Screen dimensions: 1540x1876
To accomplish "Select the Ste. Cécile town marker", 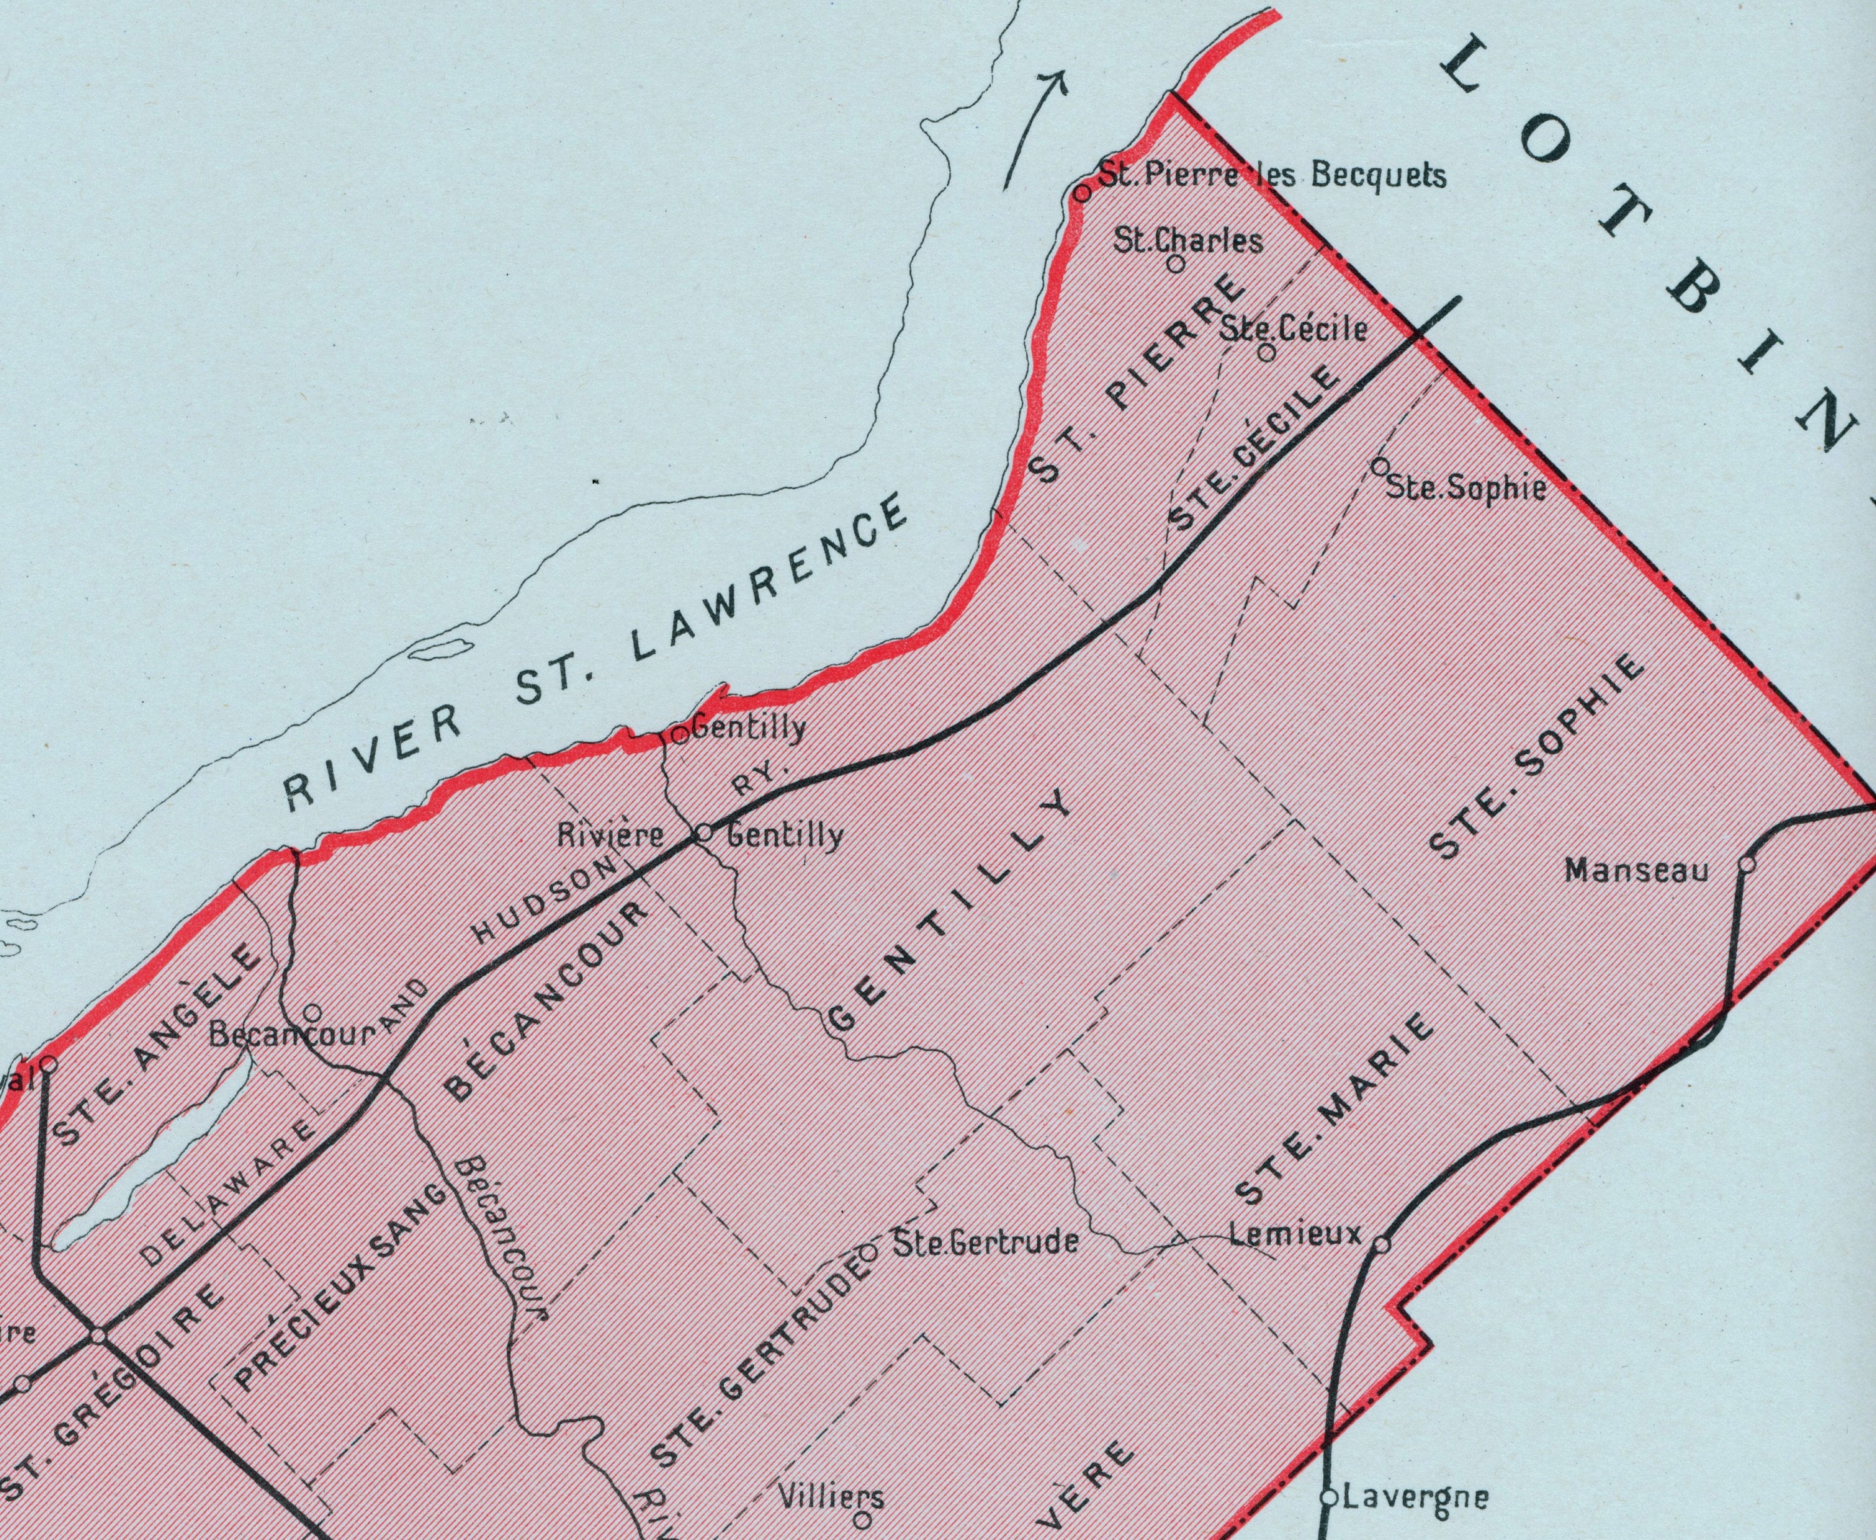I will click(1268, 352).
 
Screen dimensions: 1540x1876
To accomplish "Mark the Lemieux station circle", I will click(1381, 1245).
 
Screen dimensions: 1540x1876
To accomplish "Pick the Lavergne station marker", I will click(1329, 1497).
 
